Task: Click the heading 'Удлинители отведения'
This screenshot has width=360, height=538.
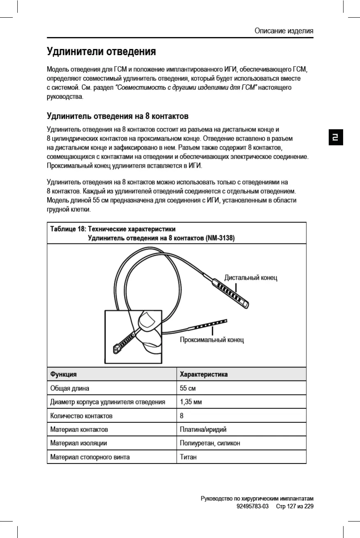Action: (101, 52)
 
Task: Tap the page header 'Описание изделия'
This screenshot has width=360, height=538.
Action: (284, 30)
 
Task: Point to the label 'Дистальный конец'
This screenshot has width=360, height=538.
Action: (251, 278)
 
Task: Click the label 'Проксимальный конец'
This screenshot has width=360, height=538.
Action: (212, 340)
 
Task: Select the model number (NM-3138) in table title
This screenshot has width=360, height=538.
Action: (220, 238)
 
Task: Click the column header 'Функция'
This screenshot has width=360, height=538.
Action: (63, 374)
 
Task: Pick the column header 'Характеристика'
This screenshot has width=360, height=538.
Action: (204, 374)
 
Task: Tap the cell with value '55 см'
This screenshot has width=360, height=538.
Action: (188, 388)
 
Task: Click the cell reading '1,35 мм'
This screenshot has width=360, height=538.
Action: (191, 402)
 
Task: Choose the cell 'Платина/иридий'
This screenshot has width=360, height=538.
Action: (203, 429)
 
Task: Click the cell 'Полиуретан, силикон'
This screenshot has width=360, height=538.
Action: (210, 443)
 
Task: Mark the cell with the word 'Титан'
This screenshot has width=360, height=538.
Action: (189, 457)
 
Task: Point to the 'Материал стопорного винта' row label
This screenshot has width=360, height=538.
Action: (90, 457)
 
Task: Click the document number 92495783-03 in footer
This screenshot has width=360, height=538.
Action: (253, 506)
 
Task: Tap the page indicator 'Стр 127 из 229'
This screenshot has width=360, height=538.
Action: (295, 506)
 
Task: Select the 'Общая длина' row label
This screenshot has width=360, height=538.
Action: (69, 388)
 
